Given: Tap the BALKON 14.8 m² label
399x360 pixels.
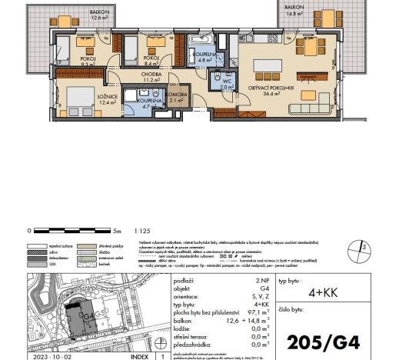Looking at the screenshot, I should (295, 9).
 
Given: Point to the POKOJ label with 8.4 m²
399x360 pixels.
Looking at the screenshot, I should (151, 60).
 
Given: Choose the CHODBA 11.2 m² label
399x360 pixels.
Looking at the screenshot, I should (150, 75).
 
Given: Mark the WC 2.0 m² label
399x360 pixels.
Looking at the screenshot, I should (227, 84).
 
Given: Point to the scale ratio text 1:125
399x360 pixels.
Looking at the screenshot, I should (141, 230).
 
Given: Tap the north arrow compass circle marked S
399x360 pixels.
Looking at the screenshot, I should (358, 247).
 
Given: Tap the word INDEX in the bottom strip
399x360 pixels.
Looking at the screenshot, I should (139, 357).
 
